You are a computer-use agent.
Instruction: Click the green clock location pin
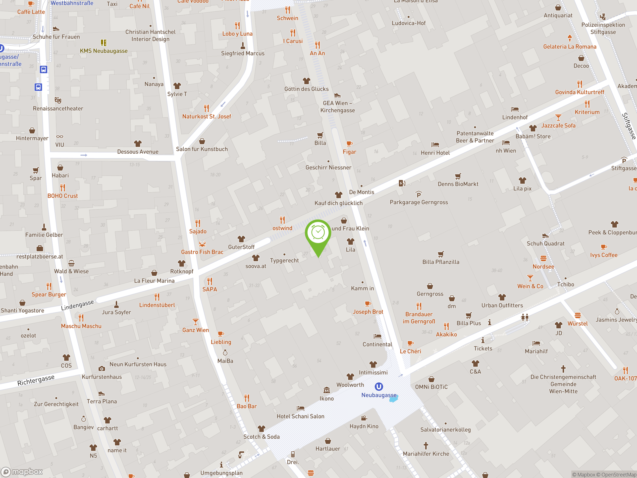(x=318, y=233)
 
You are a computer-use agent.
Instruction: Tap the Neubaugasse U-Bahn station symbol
(x=379, y=387)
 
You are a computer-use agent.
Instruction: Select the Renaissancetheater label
(x=58, y=109)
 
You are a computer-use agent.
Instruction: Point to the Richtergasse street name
(x=36, y=380)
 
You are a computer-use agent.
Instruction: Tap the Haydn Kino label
(x=364, y=426)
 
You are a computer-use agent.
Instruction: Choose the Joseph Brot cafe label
(x=368, y=312)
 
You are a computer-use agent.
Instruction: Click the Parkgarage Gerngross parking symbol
(x=419, y=194)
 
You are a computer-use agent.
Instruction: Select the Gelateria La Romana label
(x=570, y=47)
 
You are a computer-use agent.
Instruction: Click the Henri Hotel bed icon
(x=435, y=145)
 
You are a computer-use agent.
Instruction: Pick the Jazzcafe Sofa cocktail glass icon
(x=558, y=118)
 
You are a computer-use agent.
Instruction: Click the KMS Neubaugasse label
(x=104, y=51)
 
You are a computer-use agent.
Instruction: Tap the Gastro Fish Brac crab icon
(x=202, y=244)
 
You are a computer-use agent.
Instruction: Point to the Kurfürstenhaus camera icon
(x=102, y=368)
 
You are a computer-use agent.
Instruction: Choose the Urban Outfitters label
(x=502, y=305)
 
